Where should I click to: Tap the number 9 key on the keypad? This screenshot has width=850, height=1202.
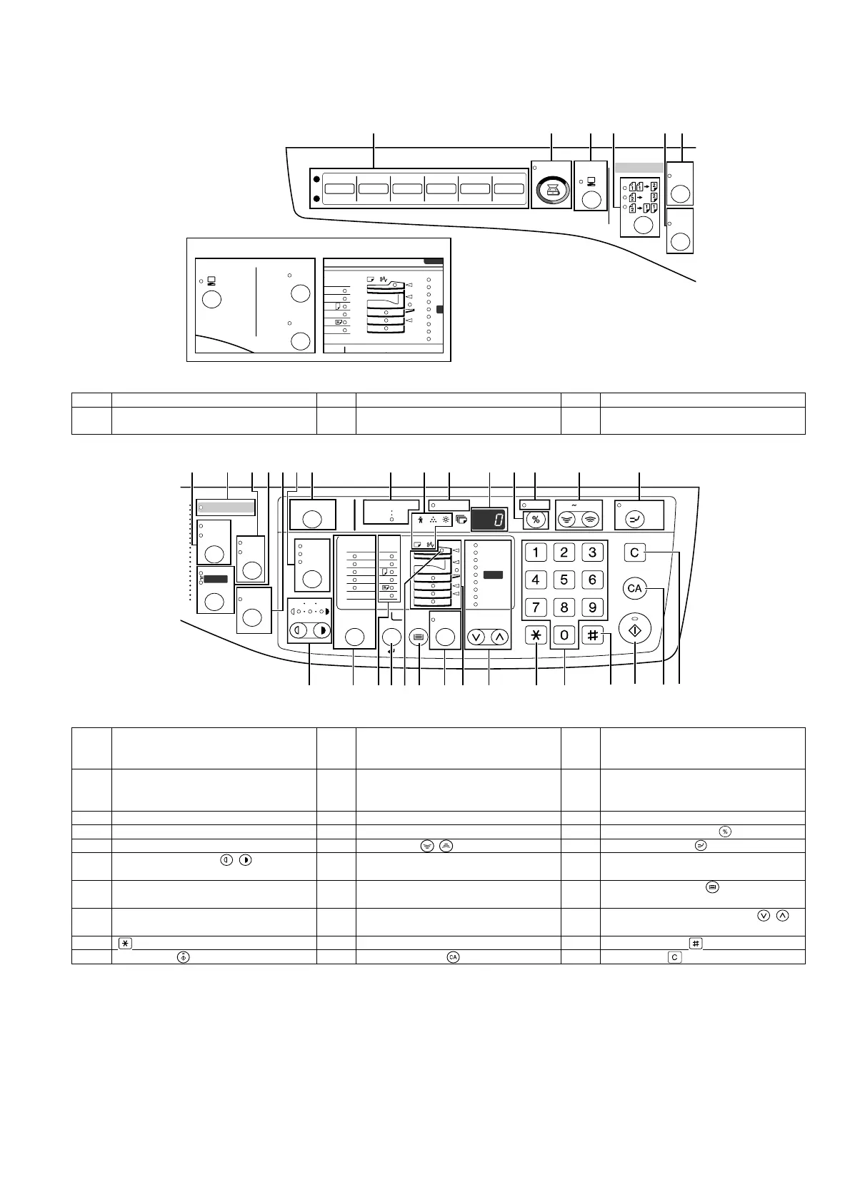click(591, 607)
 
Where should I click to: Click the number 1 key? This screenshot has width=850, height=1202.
click(536, 552)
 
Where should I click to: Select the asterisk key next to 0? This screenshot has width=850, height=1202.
click(536, 635)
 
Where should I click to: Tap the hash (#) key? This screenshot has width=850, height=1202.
click(591, 635)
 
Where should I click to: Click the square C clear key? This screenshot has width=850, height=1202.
click(634, 552)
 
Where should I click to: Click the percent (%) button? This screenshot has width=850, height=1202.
click(536, 520)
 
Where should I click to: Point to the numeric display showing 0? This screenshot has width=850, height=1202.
click(489, 519)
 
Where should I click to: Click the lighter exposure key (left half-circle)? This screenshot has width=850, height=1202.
click(298, 631)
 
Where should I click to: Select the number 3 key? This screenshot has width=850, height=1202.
click(591, 552)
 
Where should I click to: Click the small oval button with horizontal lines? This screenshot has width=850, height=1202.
click(419, 636)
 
